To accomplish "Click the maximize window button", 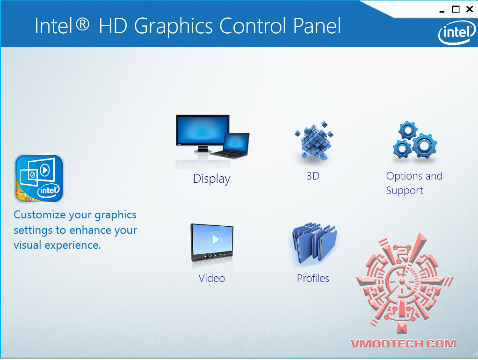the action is pyautogui.click(x=456, y=9).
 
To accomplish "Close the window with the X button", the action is pyautogui.click(x=470, y=9).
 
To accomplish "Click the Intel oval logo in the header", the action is pyautogui.click(x=457, y=33).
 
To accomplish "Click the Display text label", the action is pyautogui.click(x=211, y=179).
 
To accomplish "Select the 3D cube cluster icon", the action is pyautogui.click(x=314, y=140).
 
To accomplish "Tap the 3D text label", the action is pyautogui.click(x=313, y=176).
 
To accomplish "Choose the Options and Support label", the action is pyautogui.click(x=414, y=183).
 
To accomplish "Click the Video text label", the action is pyautogui.click(x=211, y=278).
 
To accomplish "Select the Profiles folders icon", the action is pyautogui.click(x=314, y=243).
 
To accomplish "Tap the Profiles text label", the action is pyautogui.click(x=313, y=278).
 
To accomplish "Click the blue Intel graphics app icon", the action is pyautogui.click(x=39, y=178).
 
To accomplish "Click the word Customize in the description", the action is pyautogui.click(x=40, y=215).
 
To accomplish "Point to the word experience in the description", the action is pyautogui.click(x=72, y=245).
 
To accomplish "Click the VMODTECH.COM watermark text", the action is pyautogui.click(x=403, y=344).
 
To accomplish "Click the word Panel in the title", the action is pyautogui.click(x=317, y=26).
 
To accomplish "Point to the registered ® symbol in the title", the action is pyautogui.click(x=82, y=24).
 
